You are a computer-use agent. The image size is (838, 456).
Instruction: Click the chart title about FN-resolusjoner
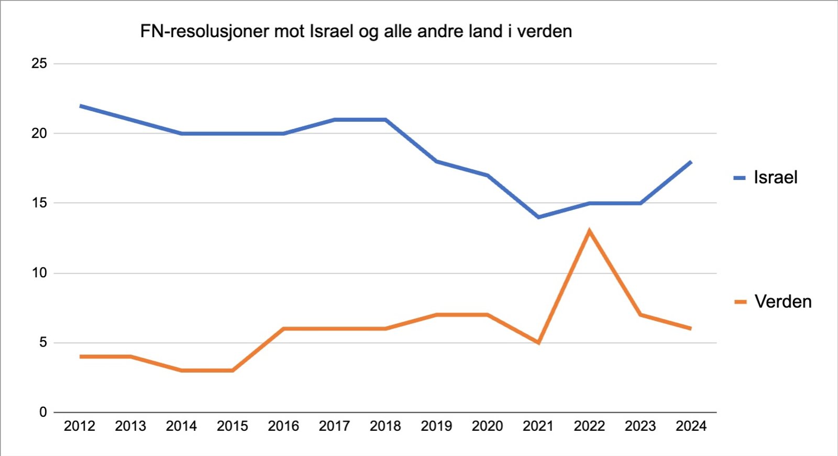click(x=356, y=31)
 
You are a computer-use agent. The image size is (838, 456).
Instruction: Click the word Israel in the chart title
click(x=332, y=31)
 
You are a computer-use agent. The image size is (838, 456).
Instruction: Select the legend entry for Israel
click(x=765, y=178)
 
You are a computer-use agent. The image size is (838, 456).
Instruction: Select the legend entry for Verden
click(x=773, y=302)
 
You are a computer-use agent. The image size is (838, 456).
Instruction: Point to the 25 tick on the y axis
click(x=39, y=63)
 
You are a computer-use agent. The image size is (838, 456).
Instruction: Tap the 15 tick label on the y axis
click(x=39, y=203)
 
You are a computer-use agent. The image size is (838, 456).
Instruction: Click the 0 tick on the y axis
click(x=43, y=412)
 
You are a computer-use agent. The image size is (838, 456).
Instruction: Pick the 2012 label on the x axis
click(x=79, y=426)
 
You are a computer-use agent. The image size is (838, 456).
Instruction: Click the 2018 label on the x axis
click(x=385, y=426)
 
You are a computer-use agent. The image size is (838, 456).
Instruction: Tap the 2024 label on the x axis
click(x=691, y=426)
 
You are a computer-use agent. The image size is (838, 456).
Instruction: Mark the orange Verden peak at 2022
click(x=590, y=231)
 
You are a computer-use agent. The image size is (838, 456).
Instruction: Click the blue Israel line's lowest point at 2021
click(x=538, y=217)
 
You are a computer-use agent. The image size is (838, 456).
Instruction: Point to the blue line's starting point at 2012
click(x=81, y=106)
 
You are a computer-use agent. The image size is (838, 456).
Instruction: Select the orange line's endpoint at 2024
click(x=690, y=328)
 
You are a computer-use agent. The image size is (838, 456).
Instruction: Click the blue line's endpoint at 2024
click(x=691, y=162)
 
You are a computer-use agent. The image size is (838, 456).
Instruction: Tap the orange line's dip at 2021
click(x=538, y=342)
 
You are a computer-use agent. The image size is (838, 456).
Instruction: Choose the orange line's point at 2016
click(x=283, y=329)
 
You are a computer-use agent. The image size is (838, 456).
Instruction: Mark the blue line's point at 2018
click(x=385, y=120)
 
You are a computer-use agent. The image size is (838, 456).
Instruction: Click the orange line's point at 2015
click(x=233, y=371)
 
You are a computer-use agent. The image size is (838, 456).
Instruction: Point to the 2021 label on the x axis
click(x=538, y=426)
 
